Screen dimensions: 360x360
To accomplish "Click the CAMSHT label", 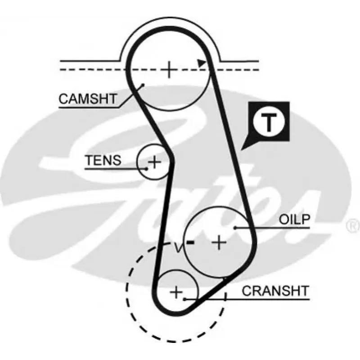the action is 88,99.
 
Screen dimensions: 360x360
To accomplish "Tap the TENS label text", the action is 103,160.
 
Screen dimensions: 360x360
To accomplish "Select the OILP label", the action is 295,219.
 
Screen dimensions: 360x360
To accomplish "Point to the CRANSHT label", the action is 275,291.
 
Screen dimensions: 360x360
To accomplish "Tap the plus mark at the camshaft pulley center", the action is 169,69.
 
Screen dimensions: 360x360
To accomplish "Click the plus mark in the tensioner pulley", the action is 154,162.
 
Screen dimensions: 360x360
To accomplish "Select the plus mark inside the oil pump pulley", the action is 219,242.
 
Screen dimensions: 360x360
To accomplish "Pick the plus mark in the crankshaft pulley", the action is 176,292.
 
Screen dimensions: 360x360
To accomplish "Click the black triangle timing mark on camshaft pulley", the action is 201,63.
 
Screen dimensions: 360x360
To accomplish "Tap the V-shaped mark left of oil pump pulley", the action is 178,247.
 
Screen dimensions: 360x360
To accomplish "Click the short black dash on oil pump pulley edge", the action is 190,242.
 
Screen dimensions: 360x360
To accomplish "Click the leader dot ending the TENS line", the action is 147,169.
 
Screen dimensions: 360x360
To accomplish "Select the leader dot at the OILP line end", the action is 235,228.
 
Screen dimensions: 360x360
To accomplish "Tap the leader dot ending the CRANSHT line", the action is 184,299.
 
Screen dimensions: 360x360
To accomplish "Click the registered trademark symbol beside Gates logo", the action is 353,225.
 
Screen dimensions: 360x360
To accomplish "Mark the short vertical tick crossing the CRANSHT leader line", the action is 226,297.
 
